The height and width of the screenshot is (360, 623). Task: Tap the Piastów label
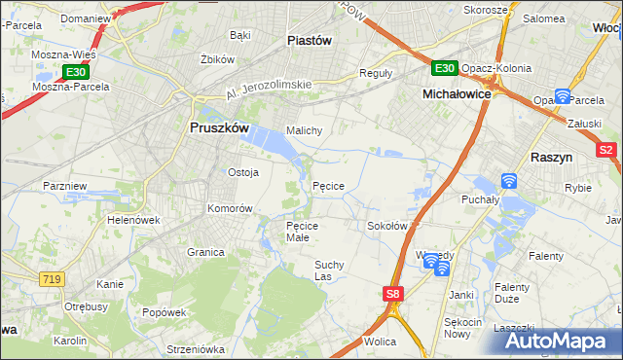[311, 41]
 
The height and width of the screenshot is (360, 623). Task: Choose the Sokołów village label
[386, 226]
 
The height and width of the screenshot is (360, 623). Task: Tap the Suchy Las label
[330, 270]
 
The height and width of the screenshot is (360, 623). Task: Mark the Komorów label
[230, 208]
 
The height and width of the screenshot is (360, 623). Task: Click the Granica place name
[206, 251]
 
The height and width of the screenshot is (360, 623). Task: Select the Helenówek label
[133, 220]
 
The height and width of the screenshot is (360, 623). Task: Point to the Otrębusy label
[86, 306]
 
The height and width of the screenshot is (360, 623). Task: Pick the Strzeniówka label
[196, 349]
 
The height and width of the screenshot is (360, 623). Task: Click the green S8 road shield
[392, 293]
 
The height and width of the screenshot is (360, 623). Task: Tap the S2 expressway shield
[606, 150]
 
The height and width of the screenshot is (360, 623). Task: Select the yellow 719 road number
[53, 279]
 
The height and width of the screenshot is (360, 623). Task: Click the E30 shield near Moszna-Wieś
[76, 73]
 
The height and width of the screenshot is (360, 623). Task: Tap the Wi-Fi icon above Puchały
[508, 181]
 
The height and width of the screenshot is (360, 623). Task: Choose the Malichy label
[304, 129]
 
